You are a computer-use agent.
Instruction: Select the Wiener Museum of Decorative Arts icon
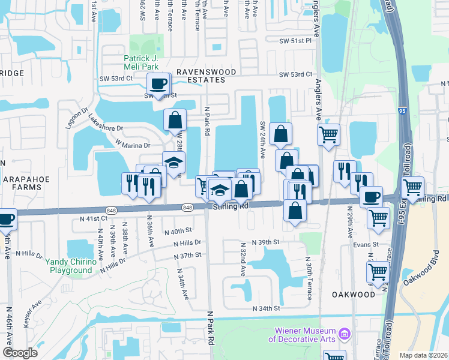345,333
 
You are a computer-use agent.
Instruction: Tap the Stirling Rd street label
231,207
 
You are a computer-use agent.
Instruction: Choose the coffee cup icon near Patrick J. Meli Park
158,83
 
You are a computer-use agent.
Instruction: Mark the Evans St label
365,244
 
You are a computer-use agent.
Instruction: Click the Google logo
20,352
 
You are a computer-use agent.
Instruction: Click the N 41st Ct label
94,218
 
